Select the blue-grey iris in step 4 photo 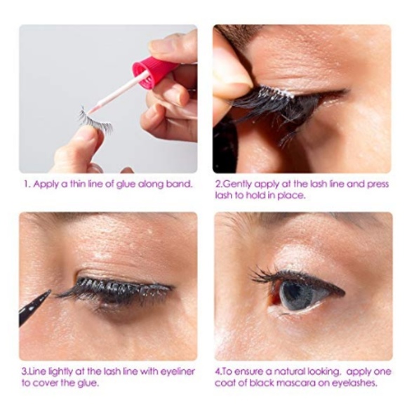pyautogui.click(x=295, y=295)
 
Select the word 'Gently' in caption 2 pyautogui.click(x=239, y=185)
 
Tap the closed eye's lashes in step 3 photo pyautogui.click(x=112, y=289)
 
